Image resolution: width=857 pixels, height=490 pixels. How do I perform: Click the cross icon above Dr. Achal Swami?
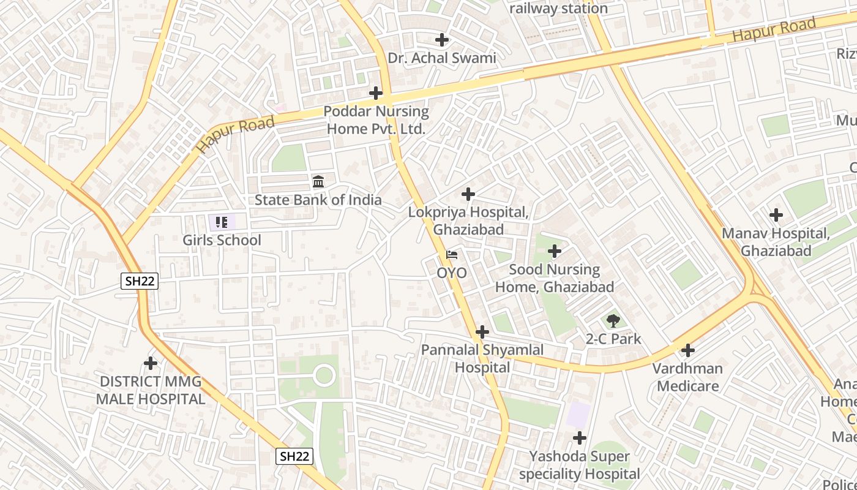pyautogui.click(x=441, y=40)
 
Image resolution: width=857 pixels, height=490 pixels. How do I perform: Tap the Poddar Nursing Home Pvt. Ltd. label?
pyautogui.click(x=376, y=120)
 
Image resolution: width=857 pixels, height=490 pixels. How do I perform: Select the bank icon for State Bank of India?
pyautogui.click(x=318, y=181)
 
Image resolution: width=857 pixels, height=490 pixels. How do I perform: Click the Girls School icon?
pyautogui.click(x=222, y=222)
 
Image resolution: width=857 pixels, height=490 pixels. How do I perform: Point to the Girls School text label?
pyautogui.click(x=222, y=240)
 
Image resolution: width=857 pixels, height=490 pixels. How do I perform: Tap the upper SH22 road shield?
pyautogui.click(x=140, y=281)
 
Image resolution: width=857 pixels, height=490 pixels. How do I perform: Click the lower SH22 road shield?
pyautogui.click(x=294, y=456)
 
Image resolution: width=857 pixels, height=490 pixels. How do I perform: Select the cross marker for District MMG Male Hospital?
pyautogui.click(x=151, y=363)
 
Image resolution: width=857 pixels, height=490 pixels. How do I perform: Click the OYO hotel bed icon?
pyautogui.click(x=452, y=255)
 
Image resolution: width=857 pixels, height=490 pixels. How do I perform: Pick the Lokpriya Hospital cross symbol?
pyautogui.click(x=468, y=194)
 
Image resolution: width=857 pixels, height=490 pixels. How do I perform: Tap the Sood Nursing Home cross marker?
pyautogui.click(x=555, y=251)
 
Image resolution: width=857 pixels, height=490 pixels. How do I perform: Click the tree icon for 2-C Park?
pyautogui.click(x=613, y=320)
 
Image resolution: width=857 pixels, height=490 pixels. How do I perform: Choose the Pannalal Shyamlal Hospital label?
pyautogui.click(x=482, y=358)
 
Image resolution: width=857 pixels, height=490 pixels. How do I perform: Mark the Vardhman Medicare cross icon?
pyautogui.click(x=688, y=350)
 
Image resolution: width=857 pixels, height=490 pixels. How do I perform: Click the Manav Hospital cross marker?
pyautogui.click(x=776, y=215)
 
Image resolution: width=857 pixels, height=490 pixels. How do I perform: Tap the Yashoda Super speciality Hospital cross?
pyautogui.click(x=579, y=438)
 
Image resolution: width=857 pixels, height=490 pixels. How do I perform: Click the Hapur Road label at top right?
pyautogui.click(x=774, y=29)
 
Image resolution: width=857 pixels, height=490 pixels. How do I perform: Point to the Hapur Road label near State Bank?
pyautogui.click(x=236, y=135)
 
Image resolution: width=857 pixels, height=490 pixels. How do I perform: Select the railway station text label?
pyautogui.click(x=558, y=9)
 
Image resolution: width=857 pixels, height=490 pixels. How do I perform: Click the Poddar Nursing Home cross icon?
pyautogui.click(x=376, y=93)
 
